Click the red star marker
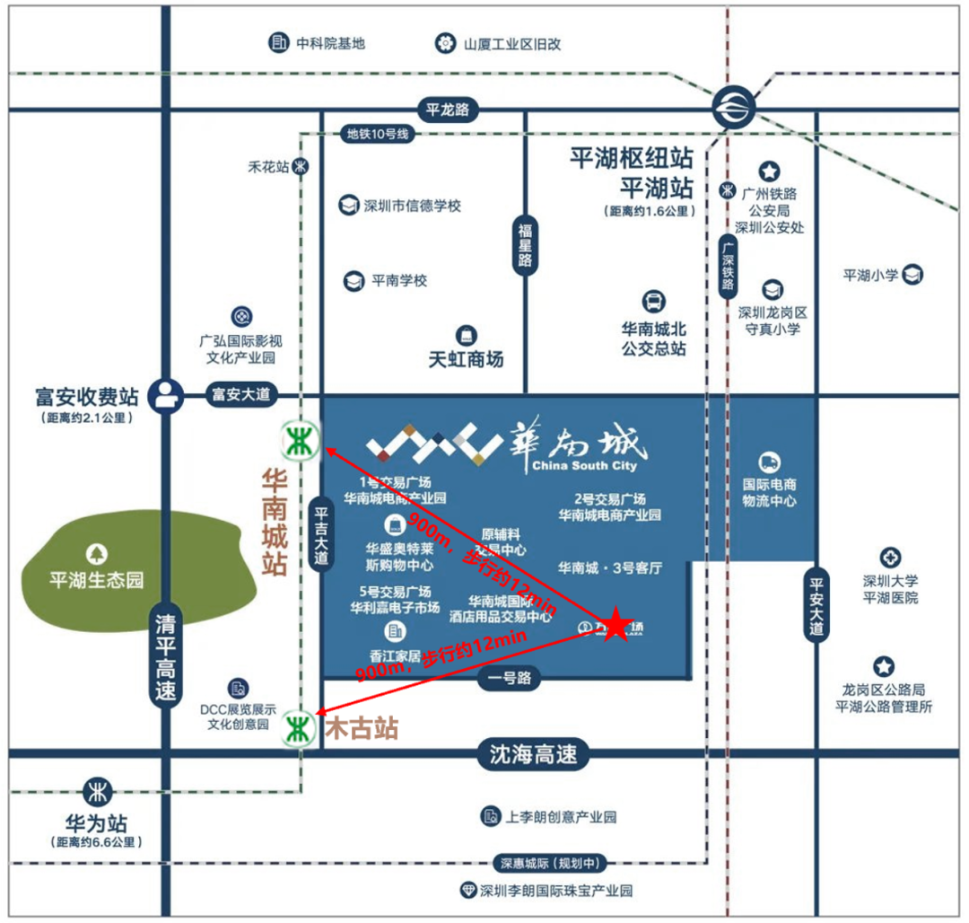click(615, 624)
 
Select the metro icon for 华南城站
click(298, 440)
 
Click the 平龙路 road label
click(449, 110)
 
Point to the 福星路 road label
click(525, 245)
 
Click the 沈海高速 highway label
click(533, 754)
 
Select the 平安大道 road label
click(816, 604)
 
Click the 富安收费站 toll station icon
click(164, 393)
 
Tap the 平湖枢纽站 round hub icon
click(733, 109)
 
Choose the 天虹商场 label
click(466, 359)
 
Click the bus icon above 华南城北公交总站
click(654, 302)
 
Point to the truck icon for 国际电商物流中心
click(769, 462)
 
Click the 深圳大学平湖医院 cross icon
click(890, 557)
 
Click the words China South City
click(584, 466)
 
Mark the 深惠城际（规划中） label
click(548, 864)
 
